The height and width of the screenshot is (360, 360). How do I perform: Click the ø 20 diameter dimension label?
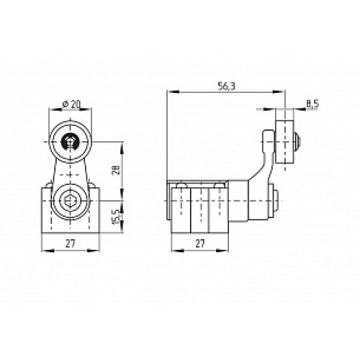point(70,104)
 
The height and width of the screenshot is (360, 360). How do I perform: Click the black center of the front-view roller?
point(70,141)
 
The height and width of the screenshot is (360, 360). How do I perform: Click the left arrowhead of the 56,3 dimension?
point(169,91)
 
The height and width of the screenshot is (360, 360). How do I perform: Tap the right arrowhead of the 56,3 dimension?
point(283,91)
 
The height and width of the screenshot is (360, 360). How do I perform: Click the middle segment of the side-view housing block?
point(199,209)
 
